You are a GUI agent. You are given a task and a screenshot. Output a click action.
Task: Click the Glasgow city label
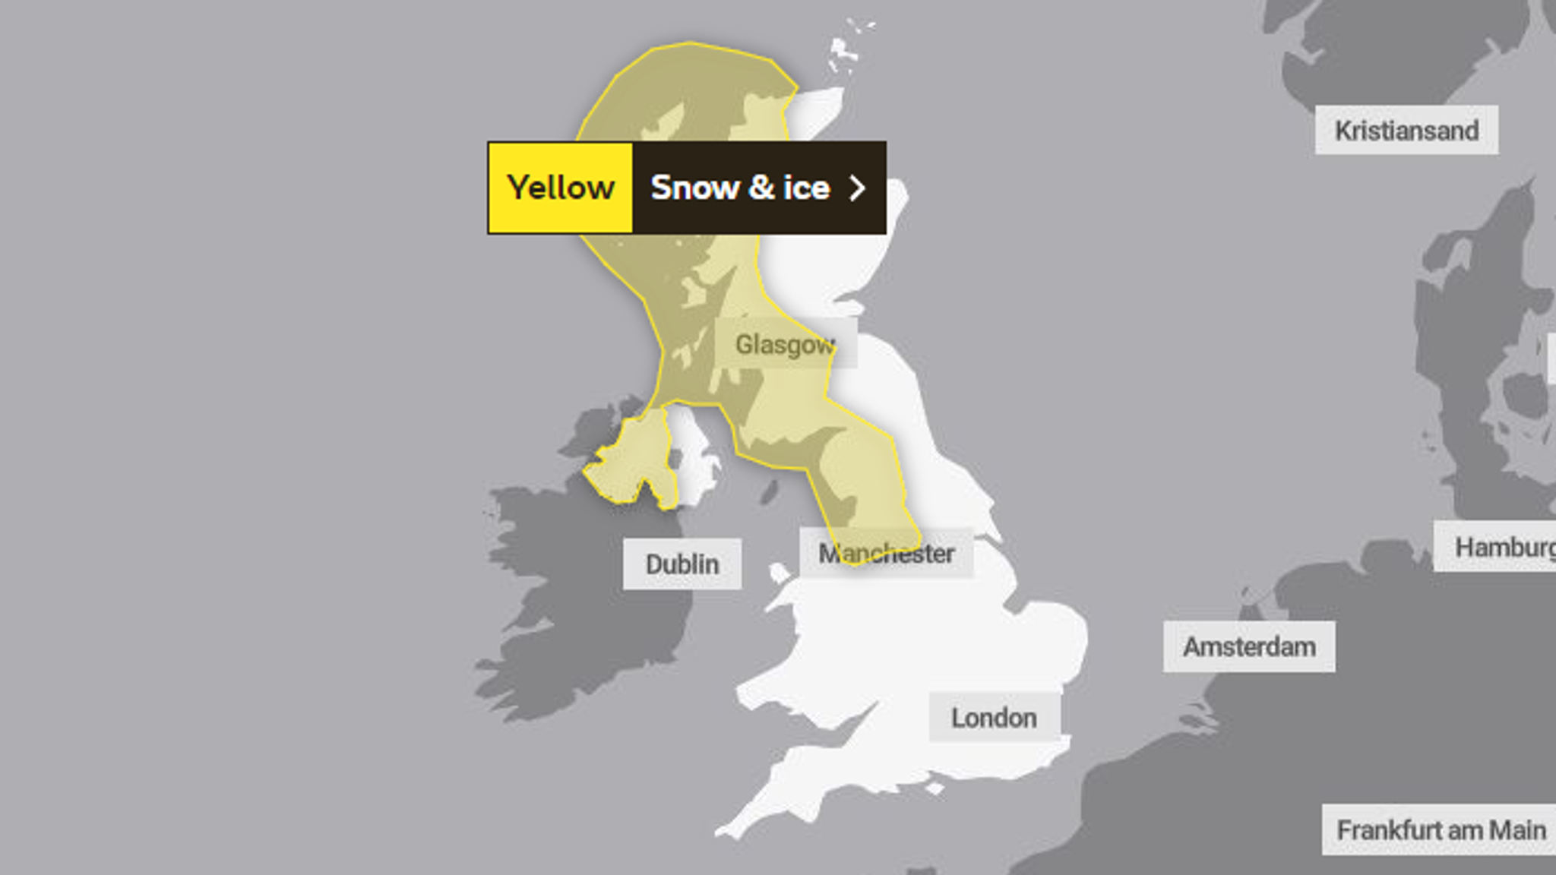[785, 345]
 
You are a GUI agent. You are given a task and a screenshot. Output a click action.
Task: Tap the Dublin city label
[682, 564]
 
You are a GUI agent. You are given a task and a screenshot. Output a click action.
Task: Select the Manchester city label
[886, 554]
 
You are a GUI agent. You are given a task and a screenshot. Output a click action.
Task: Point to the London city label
[994, 718]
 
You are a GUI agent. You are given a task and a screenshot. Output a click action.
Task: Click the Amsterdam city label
[1249, 647]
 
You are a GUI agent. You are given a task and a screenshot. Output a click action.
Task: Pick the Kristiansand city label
[1406, 131]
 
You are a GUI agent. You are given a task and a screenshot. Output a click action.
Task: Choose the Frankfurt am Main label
[1441, 830]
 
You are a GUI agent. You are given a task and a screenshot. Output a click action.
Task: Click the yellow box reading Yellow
[561, 188]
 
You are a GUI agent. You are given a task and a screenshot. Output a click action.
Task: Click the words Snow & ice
[740, 188]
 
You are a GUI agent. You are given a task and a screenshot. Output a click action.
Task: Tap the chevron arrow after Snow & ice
[857, 188]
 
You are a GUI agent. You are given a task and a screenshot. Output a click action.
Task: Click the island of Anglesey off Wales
[780, 573]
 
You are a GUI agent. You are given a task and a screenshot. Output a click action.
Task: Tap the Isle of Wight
[935, 789]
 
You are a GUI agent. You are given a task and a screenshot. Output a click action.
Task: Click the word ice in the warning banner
[806, 188]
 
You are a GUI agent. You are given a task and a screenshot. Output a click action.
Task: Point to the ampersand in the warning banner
[761, 188]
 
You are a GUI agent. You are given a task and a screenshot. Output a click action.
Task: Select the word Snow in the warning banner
[694, 188]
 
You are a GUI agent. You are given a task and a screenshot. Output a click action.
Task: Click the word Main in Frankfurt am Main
[1517, 830]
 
